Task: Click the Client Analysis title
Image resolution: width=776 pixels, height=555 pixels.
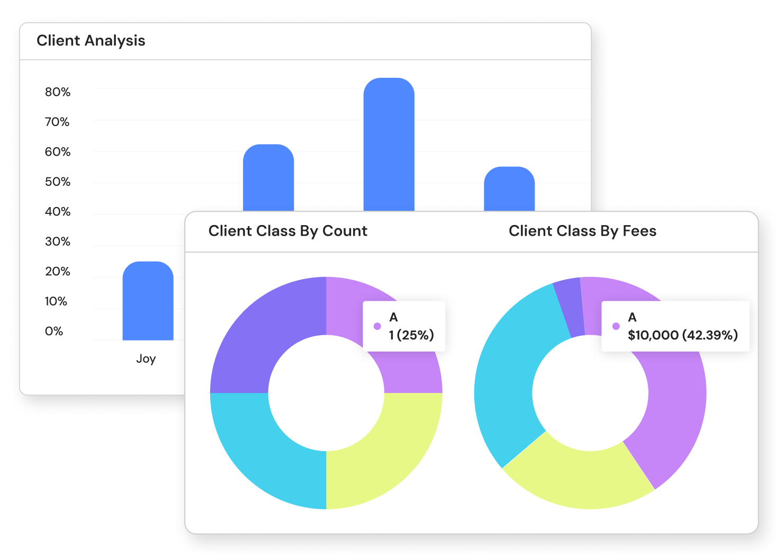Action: tap(91, 41)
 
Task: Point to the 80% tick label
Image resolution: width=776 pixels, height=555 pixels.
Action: tap(57, 92)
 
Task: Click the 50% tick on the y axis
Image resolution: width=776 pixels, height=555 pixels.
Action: tap(57, 182)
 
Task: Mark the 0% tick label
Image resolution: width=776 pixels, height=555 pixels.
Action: tap(53, 332)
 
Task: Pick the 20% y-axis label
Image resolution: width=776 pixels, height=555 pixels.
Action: tap(57, 272)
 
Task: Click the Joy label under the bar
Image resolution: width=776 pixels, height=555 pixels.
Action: tap(146, 359)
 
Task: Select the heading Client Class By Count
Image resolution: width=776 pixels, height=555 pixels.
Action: tap(287, 231)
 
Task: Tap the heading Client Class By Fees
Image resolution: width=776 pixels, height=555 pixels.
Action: tap(582, 231)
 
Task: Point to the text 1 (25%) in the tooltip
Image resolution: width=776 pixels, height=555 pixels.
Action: tap(411, 335)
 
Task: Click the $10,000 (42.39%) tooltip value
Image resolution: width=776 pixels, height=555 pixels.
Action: tap(682, 335)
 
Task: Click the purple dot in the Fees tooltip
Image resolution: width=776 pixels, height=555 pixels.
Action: tap(616, 326)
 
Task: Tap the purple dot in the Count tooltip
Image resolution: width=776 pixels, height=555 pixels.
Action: tap(377, 326)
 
